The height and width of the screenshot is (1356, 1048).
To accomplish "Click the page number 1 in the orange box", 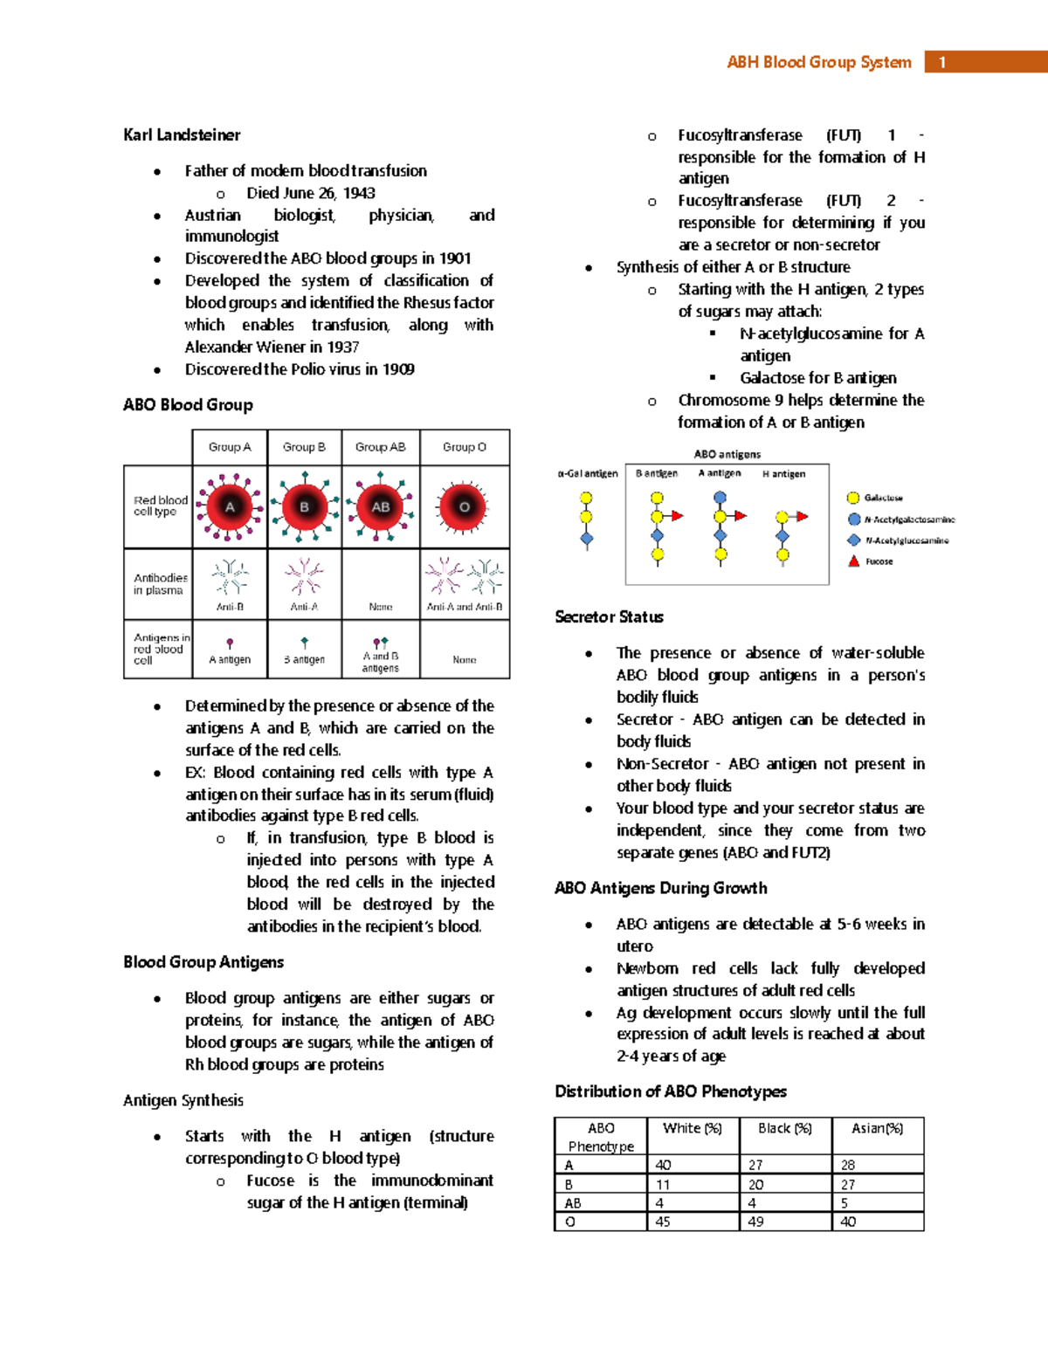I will tap(941, 62).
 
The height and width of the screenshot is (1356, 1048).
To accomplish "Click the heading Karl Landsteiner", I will tap(182, 134).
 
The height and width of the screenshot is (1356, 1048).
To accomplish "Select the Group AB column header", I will tap(380, 447).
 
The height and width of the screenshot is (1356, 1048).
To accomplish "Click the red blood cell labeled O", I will tap(465, 506).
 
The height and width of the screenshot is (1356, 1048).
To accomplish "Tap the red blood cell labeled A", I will tap(230, 506).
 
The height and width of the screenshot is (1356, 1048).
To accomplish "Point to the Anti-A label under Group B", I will tap(304, 607).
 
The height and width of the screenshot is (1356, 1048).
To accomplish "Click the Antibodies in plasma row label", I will tap(159, 584).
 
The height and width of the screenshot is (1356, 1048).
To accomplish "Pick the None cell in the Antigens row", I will tap(465, 660).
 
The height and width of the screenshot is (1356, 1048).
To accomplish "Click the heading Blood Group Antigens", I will tap(203, 961).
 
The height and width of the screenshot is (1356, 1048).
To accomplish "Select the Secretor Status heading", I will tap(609, 616).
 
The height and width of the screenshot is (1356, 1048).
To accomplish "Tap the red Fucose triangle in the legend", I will tap(854, 561).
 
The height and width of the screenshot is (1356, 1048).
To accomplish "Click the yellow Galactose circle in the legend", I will tap(853, 498).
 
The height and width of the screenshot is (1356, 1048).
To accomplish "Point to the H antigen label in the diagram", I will tap(783, 474).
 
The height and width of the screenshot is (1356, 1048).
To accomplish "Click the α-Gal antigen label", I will tap(587, 474).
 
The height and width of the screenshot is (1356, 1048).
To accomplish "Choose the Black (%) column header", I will tap(784, 1128).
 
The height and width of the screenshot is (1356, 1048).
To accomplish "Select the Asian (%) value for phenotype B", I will tap(848, 1184).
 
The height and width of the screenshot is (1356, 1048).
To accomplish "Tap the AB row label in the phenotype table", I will tap(573, 1203).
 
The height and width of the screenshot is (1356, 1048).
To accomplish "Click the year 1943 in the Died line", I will tap(359, 193).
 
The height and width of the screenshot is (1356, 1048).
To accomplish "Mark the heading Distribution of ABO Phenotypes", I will tap(670, 1091).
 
